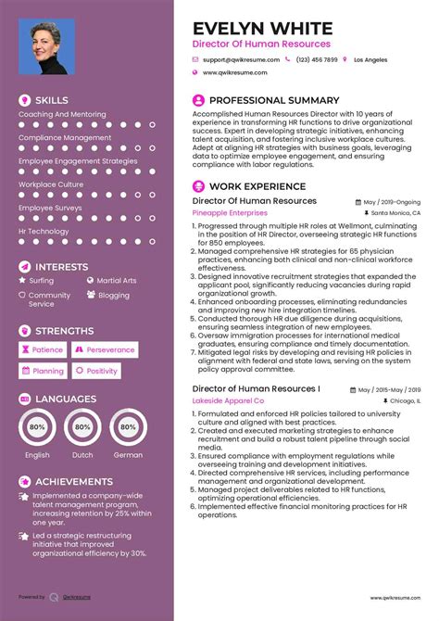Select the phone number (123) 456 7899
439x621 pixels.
(x=316, y=58)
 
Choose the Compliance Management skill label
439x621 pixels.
(x=65, y=137)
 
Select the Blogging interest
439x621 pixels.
(x=114, y=295)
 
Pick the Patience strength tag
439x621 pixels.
(x=43, y=349)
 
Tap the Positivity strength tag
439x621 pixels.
(x=97, y=371)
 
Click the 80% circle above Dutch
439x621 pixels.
(x=83, y=427)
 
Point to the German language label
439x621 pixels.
(x=128, y=455)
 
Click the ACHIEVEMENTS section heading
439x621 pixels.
(x=74, y=482)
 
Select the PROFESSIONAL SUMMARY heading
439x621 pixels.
(x=274, y=99)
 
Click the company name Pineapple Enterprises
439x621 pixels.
(x=230, y=212)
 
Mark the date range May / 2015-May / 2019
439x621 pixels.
(x=390, y=389)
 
